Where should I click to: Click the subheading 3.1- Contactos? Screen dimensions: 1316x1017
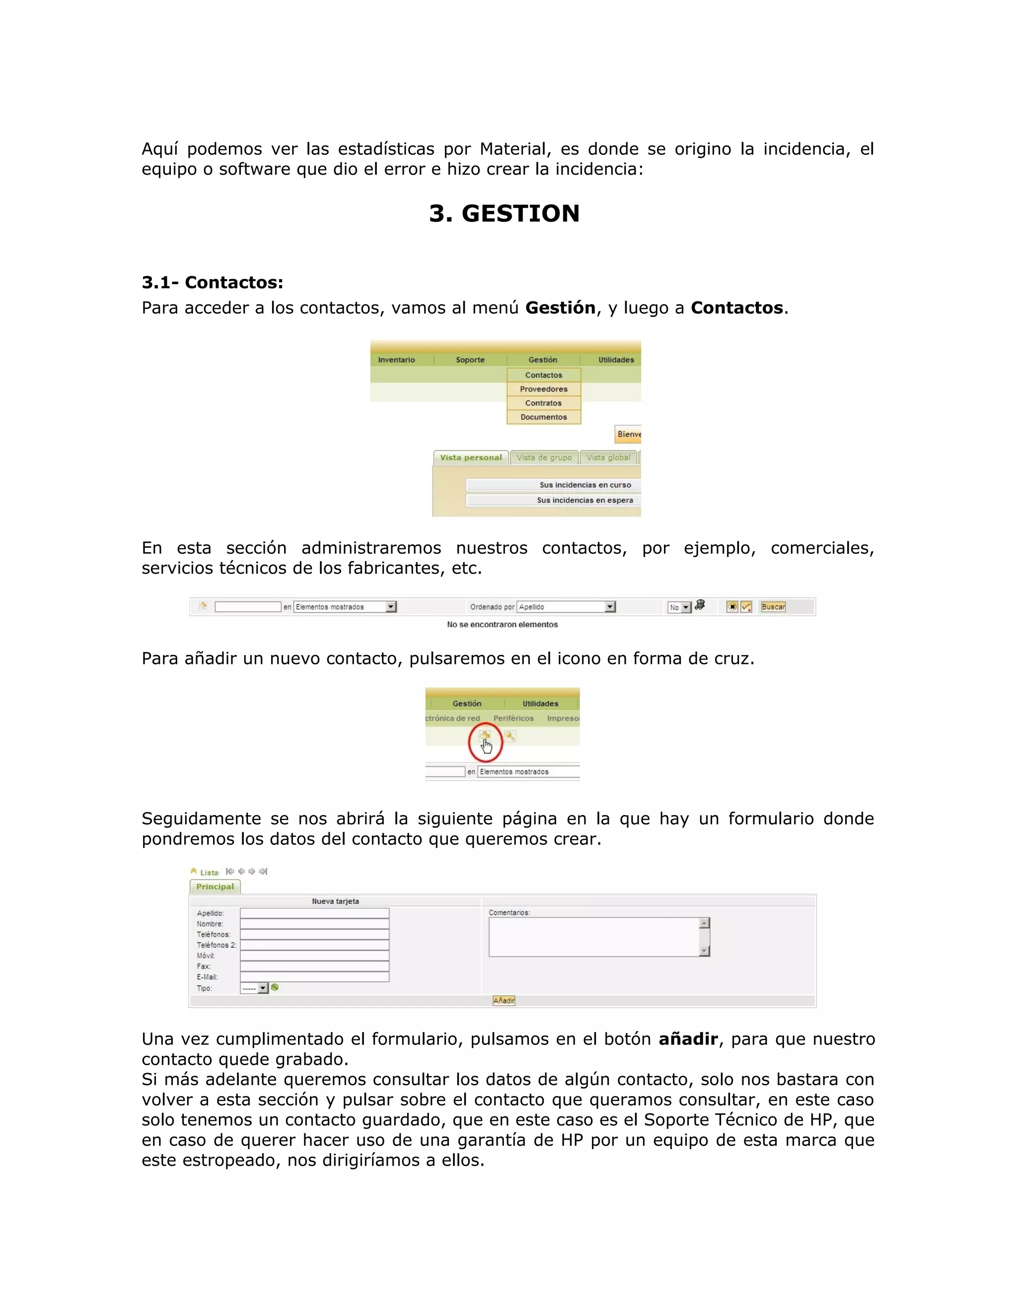tap(212, 282)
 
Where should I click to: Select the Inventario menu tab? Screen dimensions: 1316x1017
tap(396, 360)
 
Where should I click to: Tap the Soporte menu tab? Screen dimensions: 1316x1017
tap(470, 360)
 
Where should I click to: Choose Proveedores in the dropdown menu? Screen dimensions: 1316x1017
tap(543, 389)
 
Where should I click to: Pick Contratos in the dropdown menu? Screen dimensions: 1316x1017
tap(543, 403)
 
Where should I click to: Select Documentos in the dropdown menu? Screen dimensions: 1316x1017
tap(543, 417)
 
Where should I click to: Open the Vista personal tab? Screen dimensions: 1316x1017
tap(471, 457)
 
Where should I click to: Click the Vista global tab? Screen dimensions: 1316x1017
tap(608, 457)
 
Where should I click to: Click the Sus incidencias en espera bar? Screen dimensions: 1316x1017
tap(584, 500)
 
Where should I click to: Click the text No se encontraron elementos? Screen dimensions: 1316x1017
tap(502, 624)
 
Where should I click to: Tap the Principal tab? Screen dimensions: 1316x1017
tap(215, 886)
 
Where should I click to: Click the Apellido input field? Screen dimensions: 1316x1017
tap(314, 913)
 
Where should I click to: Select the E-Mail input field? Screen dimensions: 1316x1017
tap(314, 977)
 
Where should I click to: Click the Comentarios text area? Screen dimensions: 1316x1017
tap(593, 937)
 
